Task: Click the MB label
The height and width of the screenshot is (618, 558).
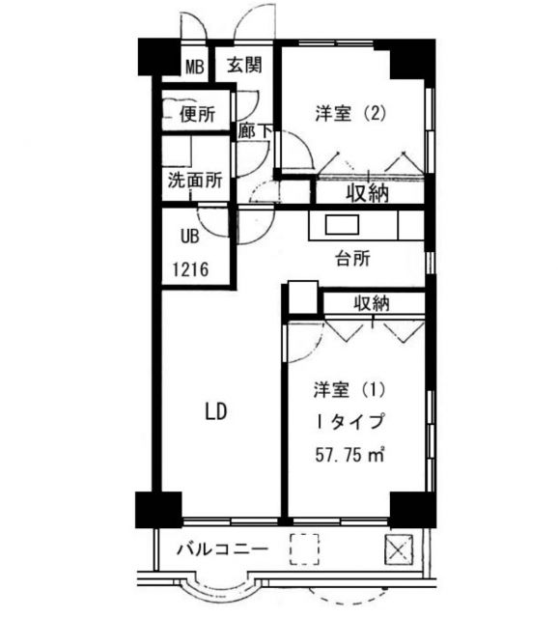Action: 195,67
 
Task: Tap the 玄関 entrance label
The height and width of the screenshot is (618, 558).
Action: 244,66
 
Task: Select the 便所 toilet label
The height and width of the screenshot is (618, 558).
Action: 196,115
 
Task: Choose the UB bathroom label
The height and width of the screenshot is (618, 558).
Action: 187,234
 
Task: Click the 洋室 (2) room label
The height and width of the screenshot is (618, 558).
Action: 351,112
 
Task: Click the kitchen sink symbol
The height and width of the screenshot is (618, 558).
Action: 342,226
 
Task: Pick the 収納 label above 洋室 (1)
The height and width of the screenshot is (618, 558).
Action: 371,303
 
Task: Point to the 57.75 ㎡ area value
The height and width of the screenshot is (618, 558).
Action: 349,454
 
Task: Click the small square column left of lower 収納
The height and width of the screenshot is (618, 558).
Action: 302,297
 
